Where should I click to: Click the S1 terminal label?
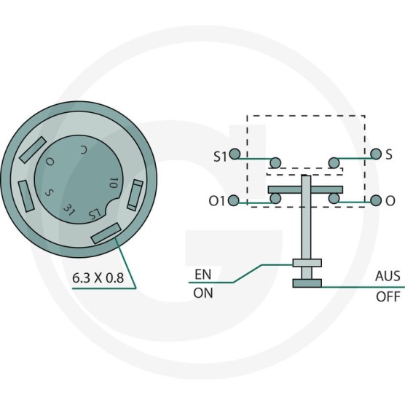pyautogui.click(x=220, y=157)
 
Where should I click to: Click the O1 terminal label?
pyautogui.click(x=217, y=201)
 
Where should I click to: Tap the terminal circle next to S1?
pyautogui.click(x=235, y=154)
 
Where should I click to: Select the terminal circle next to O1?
pyautogui.click(x=234, y=200)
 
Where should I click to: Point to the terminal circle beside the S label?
pyautogui.click(x=376, y=154)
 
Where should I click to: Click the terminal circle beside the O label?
pyautogui.click(x=376, y=200)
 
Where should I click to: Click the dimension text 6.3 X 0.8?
pyautogui.click(x=98, y=278)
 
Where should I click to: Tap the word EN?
pyautogui.click(x=203, y=275)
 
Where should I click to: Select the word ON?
pyautogui.click(x=203, y=293)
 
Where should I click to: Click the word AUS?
pyautogui.click(x=388, y=276)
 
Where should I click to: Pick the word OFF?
pyautogui.click(x=388, y=296)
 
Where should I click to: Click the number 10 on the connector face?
pyautogui.click(x=114, y=183)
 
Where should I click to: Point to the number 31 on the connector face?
pyautogui.click(x=69, y=210)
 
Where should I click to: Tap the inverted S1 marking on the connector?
pyautogui.click(x=94, y=214)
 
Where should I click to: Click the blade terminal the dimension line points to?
pyautogui.click(x=106, y=233)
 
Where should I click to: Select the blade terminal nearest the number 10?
pyautogui.click(x=135, y=195)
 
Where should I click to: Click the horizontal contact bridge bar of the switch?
pyautogui.click(x=305, y=189)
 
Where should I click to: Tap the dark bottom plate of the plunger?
pyautogui.click(x=307, y=283)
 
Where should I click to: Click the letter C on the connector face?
pyautogui.click(x=83, y=150)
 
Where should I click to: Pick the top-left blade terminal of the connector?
pyautogui.click(x=33, y=150)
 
